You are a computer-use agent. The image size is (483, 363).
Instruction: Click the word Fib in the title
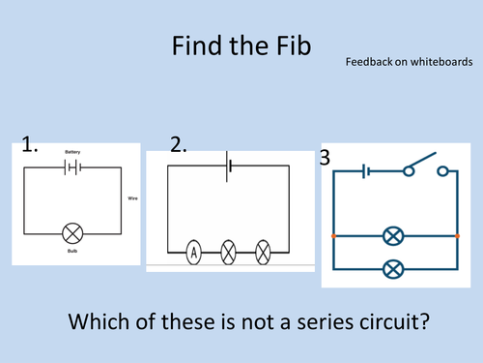(294, 45)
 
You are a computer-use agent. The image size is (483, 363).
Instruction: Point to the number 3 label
(325, 158)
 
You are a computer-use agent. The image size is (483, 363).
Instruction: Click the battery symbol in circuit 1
(72, 167)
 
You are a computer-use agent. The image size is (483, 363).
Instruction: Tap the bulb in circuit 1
(72, 233)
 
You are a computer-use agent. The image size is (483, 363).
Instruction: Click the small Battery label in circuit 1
(72, 152)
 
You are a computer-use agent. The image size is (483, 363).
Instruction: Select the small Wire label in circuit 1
(132, 198)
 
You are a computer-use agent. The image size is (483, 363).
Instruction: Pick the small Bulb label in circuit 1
(72, 251)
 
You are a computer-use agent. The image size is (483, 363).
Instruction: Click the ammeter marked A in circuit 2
(194, 253)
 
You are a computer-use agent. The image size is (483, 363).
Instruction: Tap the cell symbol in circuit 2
(228, 166)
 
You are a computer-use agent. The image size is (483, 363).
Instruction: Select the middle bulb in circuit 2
(228, 253)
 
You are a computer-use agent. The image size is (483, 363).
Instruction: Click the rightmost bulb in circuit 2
(263, 253)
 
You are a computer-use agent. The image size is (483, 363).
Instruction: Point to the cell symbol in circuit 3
(366, 171)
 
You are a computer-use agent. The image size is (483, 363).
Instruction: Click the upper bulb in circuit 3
(393, 236)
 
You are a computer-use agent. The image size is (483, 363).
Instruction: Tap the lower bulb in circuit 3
(393, 269)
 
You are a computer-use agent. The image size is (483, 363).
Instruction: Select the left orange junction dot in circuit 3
(333, 236)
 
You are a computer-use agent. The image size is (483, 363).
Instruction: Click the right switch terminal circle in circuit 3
(442, 171)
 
